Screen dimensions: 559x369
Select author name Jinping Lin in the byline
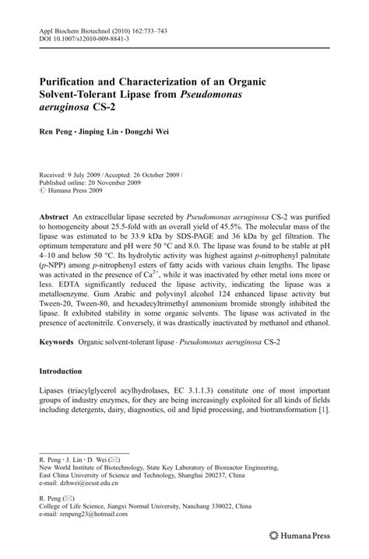click(x=121, y=132)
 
